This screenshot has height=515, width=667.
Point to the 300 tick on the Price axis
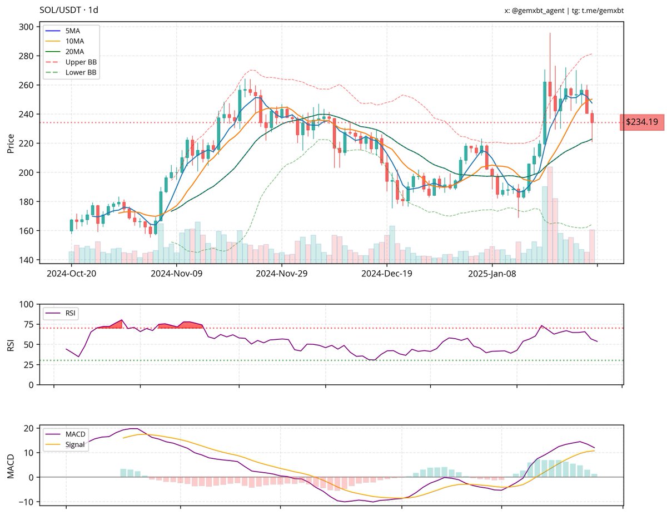27,27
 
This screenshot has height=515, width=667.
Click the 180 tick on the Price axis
27,201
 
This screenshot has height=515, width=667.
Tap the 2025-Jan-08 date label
492,274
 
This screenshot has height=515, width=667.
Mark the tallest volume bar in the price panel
550,214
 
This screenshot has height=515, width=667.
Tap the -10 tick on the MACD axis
27,502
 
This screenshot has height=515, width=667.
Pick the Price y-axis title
9,143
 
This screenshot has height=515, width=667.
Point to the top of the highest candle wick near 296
550,33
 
